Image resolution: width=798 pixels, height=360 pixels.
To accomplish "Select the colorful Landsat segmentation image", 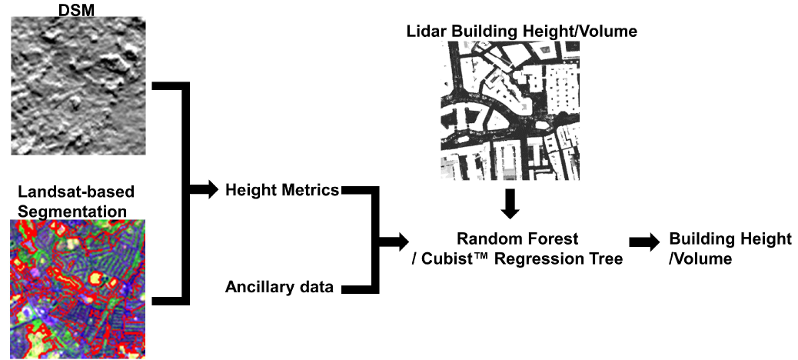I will [x=78, y=288].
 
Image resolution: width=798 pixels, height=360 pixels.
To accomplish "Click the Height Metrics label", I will [x=282, y=190].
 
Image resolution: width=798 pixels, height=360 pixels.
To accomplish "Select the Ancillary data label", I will [x=279, y=288].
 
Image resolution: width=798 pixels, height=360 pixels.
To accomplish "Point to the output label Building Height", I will [x=730, y=239].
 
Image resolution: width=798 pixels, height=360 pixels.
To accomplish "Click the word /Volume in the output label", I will [x=700, y=259].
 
